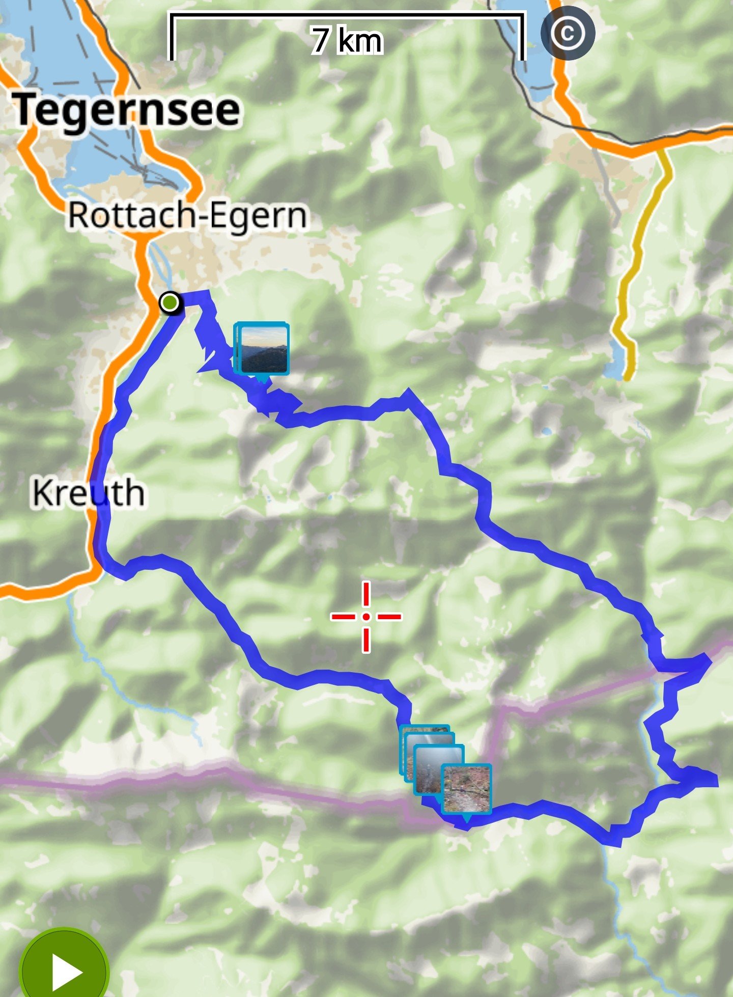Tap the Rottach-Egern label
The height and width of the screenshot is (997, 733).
pos(187,216)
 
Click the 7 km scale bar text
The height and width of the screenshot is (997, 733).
pos(347,41)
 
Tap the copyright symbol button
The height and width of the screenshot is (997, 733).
pos(567,34)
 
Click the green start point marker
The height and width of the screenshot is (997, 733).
pos(170,302)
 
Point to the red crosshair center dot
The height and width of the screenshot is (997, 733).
pos(366,617)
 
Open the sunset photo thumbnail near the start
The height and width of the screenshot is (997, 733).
pos(264,349)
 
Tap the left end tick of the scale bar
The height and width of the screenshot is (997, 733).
pos(172,38)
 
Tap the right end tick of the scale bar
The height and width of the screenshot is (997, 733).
pos(522,38)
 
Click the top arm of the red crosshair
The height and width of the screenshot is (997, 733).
pos(366,594)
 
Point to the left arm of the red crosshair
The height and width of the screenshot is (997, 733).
pos(343,617)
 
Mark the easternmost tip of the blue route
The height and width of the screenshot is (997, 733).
pos(716,779)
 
